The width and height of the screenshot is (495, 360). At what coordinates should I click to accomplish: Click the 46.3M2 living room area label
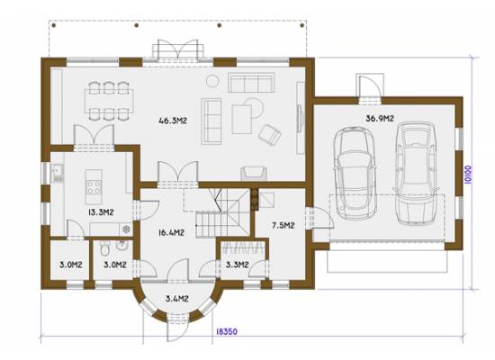[x=173, y=121]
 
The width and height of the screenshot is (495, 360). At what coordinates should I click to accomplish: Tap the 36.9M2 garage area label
[x=380, y=119]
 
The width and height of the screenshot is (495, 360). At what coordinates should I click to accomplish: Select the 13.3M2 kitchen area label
[x=101, y=212]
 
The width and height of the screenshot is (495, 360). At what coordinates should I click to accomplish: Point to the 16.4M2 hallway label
[x=171, y=233]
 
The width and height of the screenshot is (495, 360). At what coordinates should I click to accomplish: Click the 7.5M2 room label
[x=283, y=225]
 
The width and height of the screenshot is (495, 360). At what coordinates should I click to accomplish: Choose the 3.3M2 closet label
[x=237, y=265]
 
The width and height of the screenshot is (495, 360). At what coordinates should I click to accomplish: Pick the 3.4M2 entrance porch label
[x=177, y=298]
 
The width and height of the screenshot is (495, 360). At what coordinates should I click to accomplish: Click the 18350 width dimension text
[x=226, y=331]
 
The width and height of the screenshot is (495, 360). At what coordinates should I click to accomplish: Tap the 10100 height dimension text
[x=468, y=175]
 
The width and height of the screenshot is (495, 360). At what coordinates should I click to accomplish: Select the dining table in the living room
[x=109, y=101]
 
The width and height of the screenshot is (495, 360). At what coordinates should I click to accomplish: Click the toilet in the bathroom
[x=104, y=248]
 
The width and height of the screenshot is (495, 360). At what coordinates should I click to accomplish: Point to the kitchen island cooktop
[x=94, y=186]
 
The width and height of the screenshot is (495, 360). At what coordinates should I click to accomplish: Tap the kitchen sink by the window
[x=58, y=173]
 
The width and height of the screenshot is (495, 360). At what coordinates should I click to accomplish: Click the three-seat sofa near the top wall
[x=251, y=83]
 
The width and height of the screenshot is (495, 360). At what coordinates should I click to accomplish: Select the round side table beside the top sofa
[x=212, y=81]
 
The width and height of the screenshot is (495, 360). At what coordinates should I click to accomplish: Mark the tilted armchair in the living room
[x=270, y=134]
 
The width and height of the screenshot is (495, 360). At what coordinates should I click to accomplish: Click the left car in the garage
[x=355, y=173]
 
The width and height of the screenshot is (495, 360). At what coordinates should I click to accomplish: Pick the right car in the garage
[x=416, y=173]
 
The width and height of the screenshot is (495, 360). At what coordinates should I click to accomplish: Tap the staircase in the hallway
[x=221, y=212]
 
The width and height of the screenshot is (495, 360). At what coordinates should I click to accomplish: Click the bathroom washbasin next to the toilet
[x=121, y=246]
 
